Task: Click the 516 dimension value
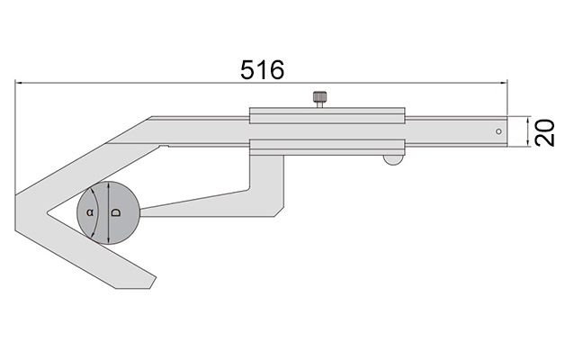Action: (263, 69)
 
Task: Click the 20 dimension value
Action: (545, 132)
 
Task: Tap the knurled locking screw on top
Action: (319, 100)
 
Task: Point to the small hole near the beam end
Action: (498, 131)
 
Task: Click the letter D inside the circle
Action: (116, 212)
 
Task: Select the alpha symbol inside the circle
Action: (90, 212)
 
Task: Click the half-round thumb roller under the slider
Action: (393, 160)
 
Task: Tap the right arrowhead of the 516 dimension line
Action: (504, 83)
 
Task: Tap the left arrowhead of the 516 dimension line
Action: (19, 83)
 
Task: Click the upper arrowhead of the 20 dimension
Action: (528, 120)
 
